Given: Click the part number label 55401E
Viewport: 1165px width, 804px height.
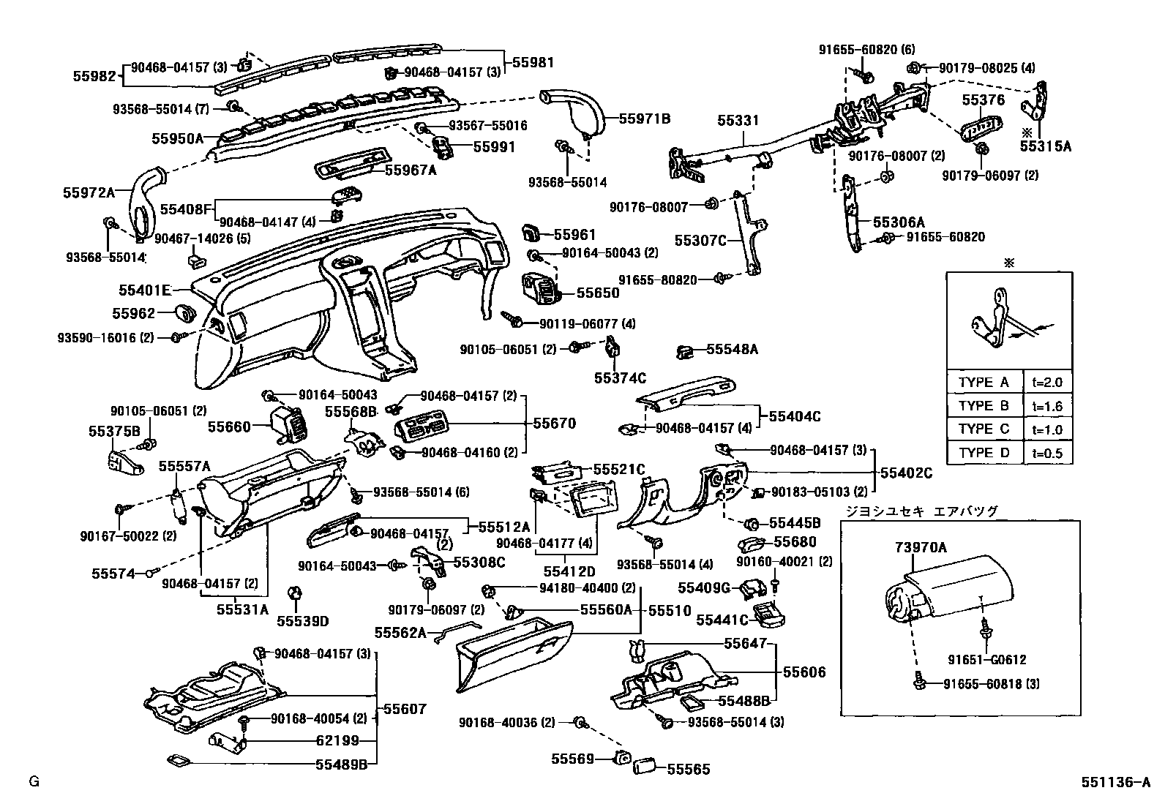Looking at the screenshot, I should click(x=144, y=290).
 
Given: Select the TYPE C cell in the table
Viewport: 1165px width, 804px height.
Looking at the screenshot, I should click(x=984, y=429).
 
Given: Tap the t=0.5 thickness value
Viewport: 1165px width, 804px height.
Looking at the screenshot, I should click(x=1047, y=453).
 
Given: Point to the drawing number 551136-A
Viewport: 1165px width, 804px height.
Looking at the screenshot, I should click(x=1116, y=781).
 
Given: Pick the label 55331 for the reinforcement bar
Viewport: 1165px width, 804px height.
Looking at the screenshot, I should click(x=738, y=120).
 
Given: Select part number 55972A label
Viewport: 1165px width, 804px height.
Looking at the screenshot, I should click(x=89, y=192).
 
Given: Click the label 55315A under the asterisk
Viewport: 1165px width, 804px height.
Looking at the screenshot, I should click(x=1045, y=146).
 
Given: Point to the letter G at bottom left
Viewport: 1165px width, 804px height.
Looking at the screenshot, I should click(x=33, y=781).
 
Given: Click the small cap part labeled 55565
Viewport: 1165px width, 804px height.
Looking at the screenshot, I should click(x=646, y=767).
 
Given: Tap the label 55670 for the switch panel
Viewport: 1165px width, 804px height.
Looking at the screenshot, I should click(x=554, y=423).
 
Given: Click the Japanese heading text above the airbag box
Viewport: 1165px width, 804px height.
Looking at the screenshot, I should click(x=922, y=511).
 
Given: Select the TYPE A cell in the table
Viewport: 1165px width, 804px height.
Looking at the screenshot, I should click(x=984, y=382).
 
